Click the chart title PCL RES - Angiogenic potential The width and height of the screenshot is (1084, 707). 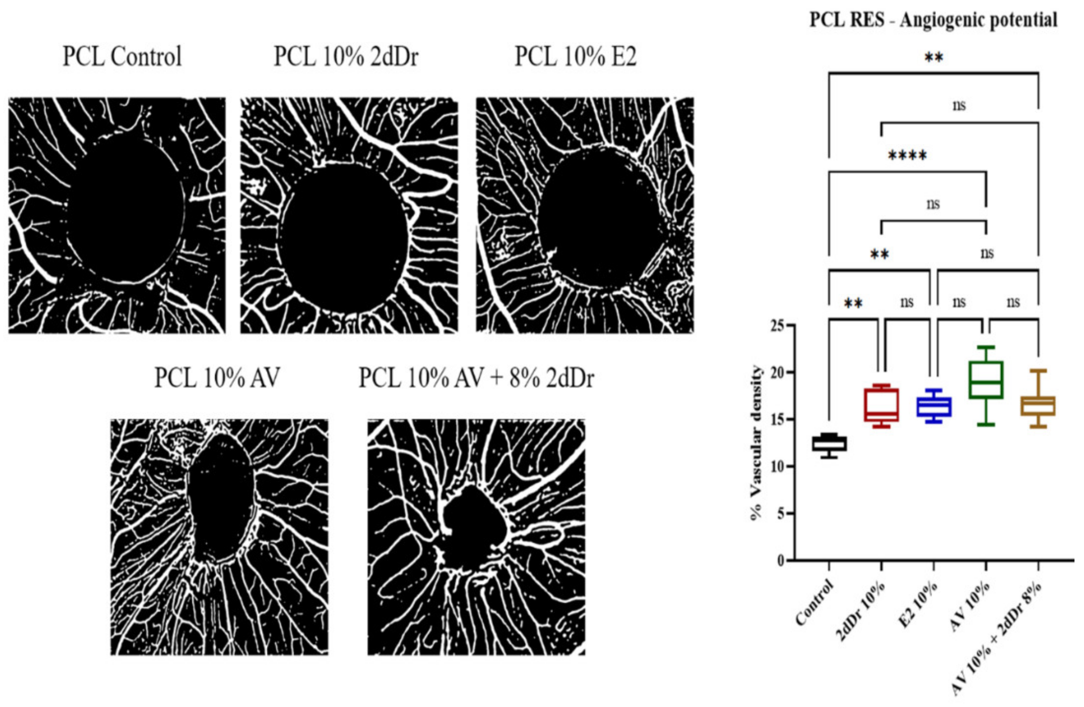pyautogui.click(x=933, y=20)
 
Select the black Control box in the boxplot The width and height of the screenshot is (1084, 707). pyautogui.click(x=829, y=443)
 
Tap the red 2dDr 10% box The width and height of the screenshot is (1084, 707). pyautogui.click(x=881, y=404)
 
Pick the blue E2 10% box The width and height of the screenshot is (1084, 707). pyautogui.click(x=934, y=406)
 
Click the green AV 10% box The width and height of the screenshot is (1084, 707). pyautogui.click(x=986, y=380)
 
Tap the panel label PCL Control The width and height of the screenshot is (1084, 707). pyautogui.click(x=122, y=57)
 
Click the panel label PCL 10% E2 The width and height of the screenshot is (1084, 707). pyautogui.click(x=575, y=57)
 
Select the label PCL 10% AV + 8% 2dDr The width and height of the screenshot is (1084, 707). pyautogui.click(x=477, y=378)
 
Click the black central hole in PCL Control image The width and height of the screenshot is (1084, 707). pyautogui.click(x=125, y=209)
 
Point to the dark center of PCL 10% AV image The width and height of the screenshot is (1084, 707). pyautogui.click(x=221, y=496)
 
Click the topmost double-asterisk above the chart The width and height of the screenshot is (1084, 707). pyautogui.click(x=933, y=58)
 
